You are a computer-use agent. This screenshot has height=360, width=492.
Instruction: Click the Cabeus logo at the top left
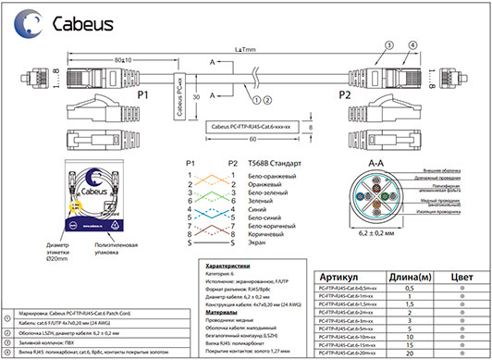click(x=55, y=20)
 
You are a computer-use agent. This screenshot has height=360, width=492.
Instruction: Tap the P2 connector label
click(x=345, y=94)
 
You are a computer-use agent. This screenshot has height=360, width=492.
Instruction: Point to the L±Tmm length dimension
click(x=244, y=48)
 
